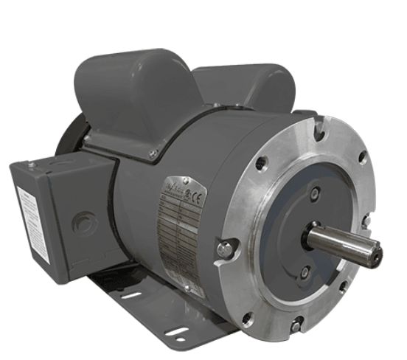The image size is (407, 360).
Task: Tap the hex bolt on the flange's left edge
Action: pyautogui.click(x=226, y=250)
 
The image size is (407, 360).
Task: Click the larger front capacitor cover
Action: pyautogui.click(x=133, y=96)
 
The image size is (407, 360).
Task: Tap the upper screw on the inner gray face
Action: pyautogui.click(x=315, y=193)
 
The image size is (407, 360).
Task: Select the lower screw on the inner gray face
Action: pyautogui.click(x=304, y=274)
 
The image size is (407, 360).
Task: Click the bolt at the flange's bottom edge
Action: pyautogui.click(x=296, y=325)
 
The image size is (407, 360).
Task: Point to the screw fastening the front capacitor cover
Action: pyautogui.click(x=153, y=154)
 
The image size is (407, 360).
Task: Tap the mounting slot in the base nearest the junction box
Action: pyautogui.click(x=130, y=295)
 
